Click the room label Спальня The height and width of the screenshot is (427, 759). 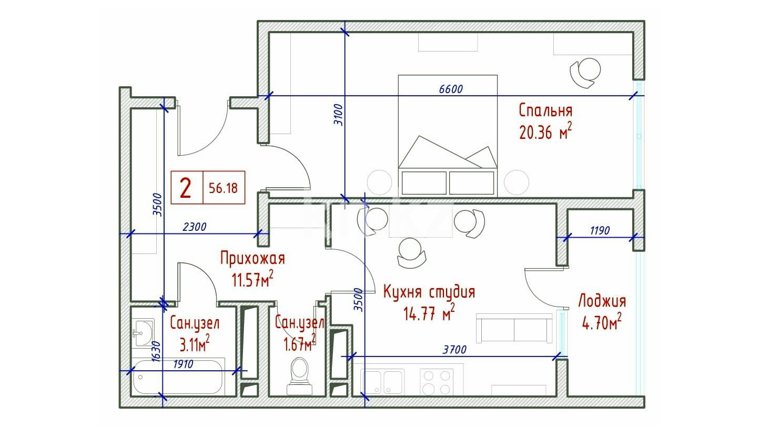point(545,111)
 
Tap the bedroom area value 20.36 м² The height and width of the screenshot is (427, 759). point(545,131)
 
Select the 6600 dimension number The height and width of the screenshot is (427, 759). point(451,89)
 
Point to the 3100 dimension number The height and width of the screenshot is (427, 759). point(339,115)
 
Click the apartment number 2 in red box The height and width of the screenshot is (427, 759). point(186,188)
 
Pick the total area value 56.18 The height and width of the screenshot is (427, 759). point(224,188)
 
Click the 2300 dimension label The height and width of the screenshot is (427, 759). point(194,227)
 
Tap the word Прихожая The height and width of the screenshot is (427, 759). point(252,258)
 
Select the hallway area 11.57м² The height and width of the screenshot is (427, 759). point(252,279)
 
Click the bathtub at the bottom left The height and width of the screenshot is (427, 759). point(178,377)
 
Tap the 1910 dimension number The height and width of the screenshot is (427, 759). point(183,364)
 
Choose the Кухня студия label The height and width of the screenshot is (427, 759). point(429,292)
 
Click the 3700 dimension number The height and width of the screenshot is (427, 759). point(454,349)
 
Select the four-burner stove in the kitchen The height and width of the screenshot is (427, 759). point(437,382)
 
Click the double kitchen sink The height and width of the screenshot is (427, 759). point(382,382)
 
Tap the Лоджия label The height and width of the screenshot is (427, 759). point(602,301)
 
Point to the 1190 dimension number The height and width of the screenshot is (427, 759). point(600,230)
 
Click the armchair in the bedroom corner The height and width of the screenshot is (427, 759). point(585,73)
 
